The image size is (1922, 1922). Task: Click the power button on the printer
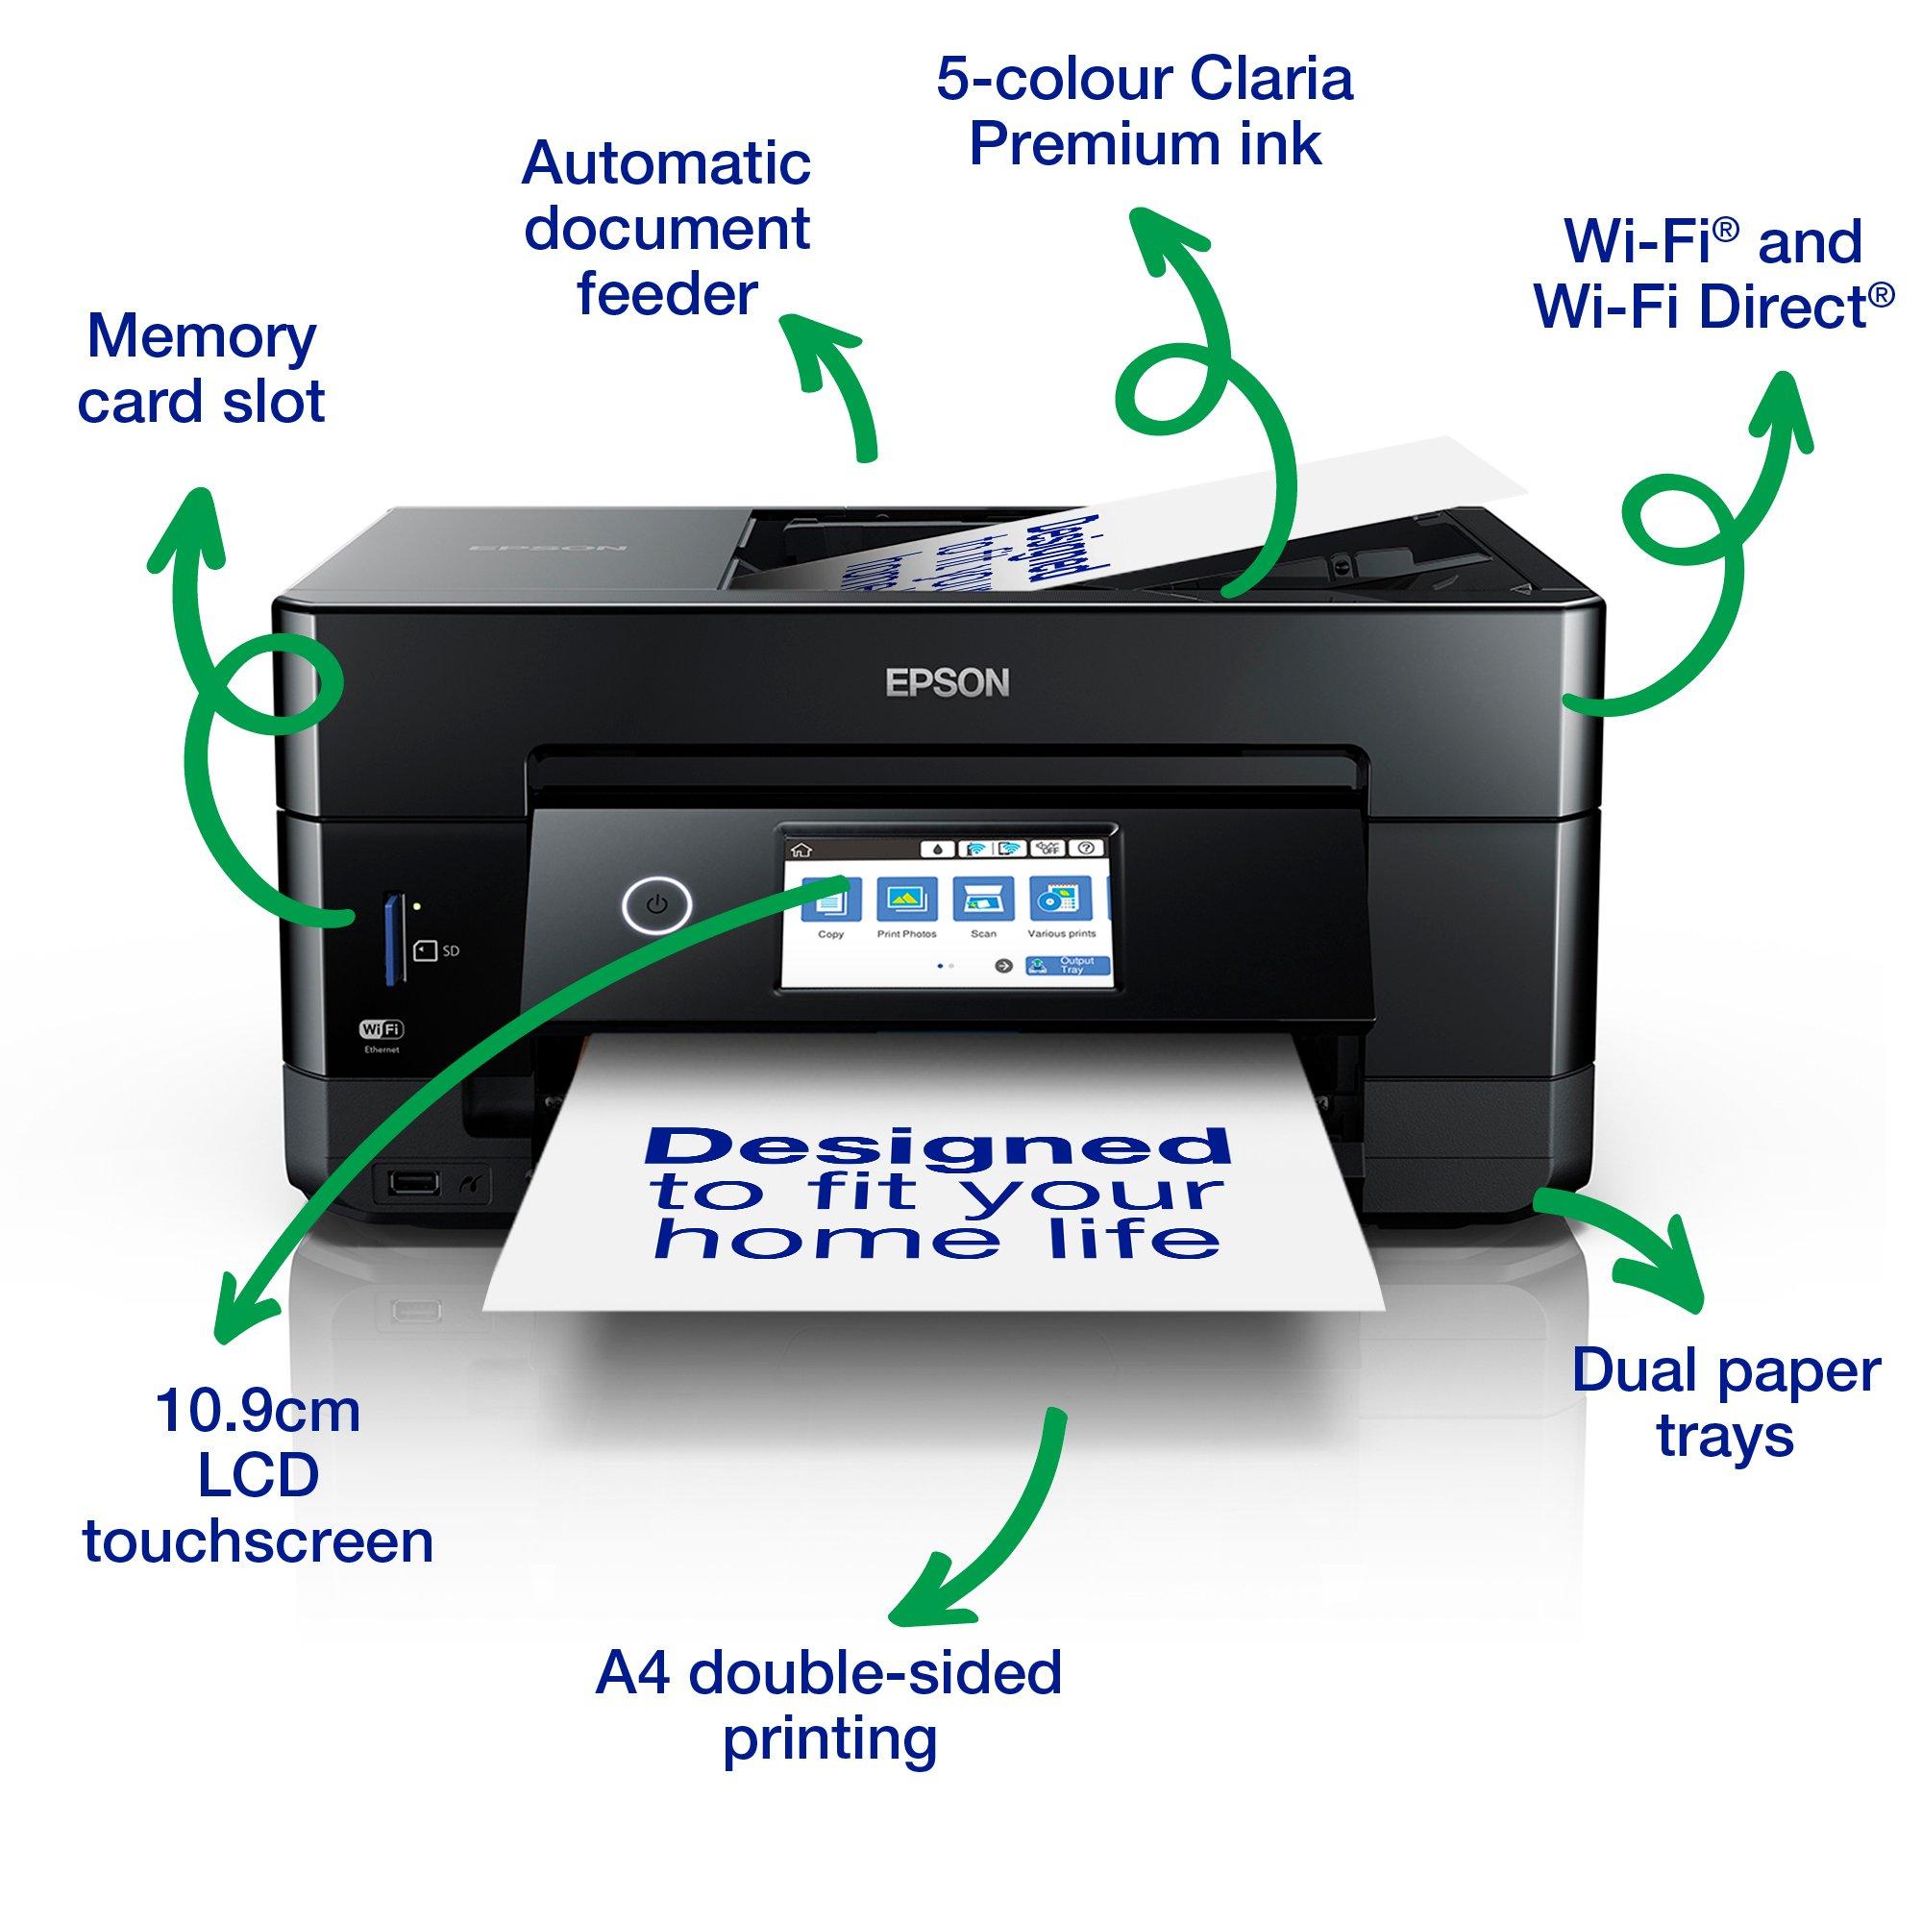pos(655,905)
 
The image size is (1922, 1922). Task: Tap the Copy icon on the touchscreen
pos(831,899)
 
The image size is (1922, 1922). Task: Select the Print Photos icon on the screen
pos(905,899)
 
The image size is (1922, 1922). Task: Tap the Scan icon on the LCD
pos(983,899)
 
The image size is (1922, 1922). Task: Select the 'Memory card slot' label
pos(201,369)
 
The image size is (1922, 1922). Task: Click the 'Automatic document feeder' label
pos(667,229)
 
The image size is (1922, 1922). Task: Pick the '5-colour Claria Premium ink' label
pos(1144,111)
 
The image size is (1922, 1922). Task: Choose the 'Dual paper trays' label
pos(1726,1404)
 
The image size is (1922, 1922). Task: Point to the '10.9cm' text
pos(258,1413)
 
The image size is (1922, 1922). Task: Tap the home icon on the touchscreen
pos(798,849)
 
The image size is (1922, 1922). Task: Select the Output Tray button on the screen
pos(1066,965)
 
